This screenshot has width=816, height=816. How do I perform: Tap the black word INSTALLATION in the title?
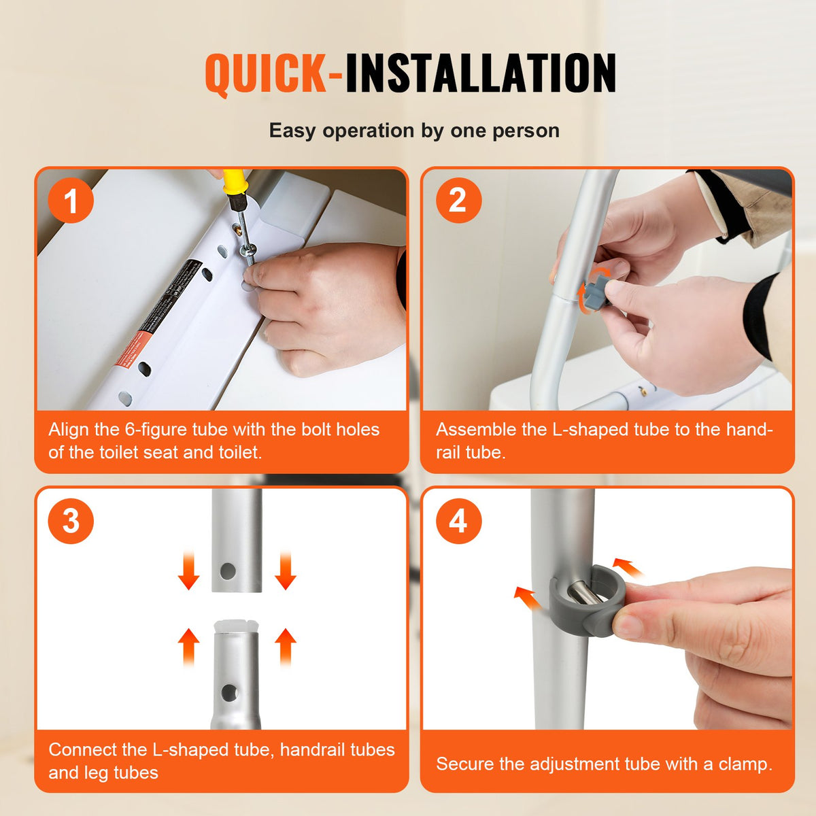(480, 73)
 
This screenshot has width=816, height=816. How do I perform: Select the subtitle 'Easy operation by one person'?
(414, 131)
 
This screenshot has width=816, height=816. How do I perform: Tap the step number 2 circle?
(458, 201)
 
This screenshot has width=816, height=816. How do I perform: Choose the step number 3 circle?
(71, 522)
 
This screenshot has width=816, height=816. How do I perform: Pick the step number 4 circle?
(458, 522)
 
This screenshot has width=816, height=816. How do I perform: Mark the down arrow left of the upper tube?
(188, 570)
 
